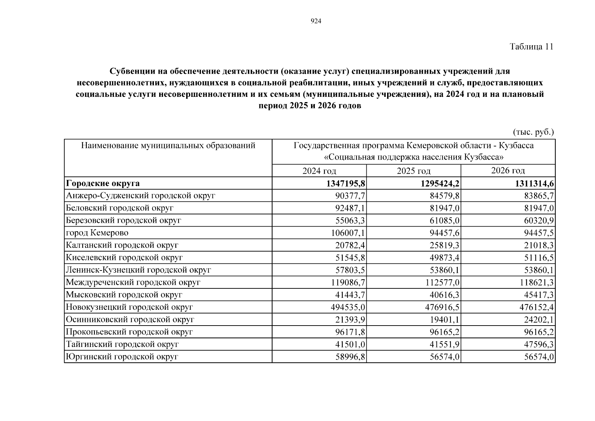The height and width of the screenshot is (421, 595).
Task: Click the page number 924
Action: [x=316, y=21]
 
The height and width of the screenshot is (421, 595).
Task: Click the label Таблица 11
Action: [x=532, y=47]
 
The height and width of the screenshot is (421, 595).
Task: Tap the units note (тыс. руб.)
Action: [x=533, y=132]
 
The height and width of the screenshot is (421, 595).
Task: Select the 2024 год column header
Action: [x=319, y=171]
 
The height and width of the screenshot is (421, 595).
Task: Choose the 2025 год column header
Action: [x=413, y=171]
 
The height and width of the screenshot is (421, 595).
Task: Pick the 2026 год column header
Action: [x=508, y=171]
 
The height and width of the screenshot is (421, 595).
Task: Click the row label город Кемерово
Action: [x=97, y=233]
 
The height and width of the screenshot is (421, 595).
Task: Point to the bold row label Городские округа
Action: [x=103, y=183]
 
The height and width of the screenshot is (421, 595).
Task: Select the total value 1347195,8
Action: [x=346, y=183]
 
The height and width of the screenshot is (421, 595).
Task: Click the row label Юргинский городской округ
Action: [x=122, y=357]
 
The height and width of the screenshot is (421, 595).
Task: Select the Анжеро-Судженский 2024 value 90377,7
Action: [x=350, y=196]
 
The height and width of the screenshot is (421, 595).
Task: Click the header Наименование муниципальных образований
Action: [x=168, y=146]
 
